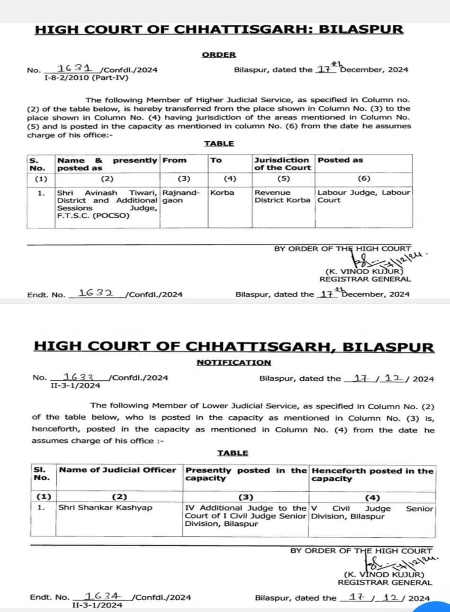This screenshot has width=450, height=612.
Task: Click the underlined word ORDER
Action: click(x=219, y=54)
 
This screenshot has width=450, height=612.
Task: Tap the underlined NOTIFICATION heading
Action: click(x=234, y=362)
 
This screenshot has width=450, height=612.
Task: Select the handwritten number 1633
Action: click(x=78, y=377)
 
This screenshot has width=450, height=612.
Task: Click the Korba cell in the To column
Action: click(x=222, y=193)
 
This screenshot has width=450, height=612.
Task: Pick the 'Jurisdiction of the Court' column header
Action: click(x=282, y=164)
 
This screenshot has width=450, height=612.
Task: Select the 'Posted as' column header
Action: click(x=340, y=160)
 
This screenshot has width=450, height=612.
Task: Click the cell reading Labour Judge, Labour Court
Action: click(x=363, y=197)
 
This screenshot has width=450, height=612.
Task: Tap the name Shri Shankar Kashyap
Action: click(x=105, y=508)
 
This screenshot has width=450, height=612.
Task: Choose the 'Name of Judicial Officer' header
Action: click(x=117, y=470)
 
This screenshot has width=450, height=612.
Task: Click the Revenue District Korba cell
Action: click(x=282, y=197)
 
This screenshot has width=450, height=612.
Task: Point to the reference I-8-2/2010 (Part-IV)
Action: click(x=86, y=78)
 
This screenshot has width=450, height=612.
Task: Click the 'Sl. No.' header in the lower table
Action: click(x=42, y=474)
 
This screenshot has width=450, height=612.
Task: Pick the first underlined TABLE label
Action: click(x=219, y=144)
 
